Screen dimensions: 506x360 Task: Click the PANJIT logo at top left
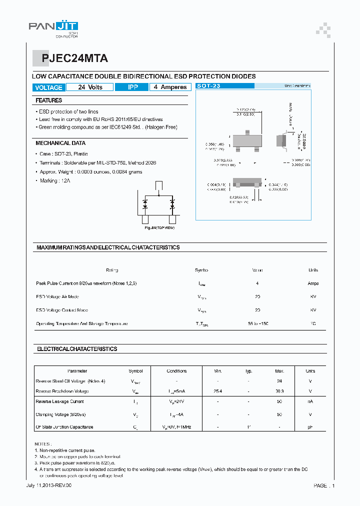52,29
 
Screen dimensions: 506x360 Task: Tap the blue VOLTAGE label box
48,87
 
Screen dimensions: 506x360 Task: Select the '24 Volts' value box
90,87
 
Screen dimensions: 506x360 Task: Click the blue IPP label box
132,87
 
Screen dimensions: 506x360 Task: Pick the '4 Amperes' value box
170,87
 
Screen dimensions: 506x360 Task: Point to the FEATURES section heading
48,100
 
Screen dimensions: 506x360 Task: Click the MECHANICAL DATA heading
60,143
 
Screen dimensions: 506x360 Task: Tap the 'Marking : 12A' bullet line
55,180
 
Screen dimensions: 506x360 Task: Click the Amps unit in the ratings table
313,283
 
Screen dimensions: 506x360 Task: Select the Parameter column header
77,371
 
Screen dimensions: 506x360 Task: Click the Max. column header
279,371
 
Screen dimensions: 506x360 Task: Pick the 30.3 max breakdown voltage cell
279,391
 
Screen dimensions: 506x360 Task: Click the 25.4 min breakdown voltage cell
218,391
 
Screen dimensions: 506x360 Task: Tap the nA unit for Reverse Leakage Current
310,401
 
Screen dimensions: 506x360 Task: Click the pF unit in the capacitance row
310,427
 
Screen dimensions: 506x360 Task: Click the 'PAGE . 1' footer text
324,485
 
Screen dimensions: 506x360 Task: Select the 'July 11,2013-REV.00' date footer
45,485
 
